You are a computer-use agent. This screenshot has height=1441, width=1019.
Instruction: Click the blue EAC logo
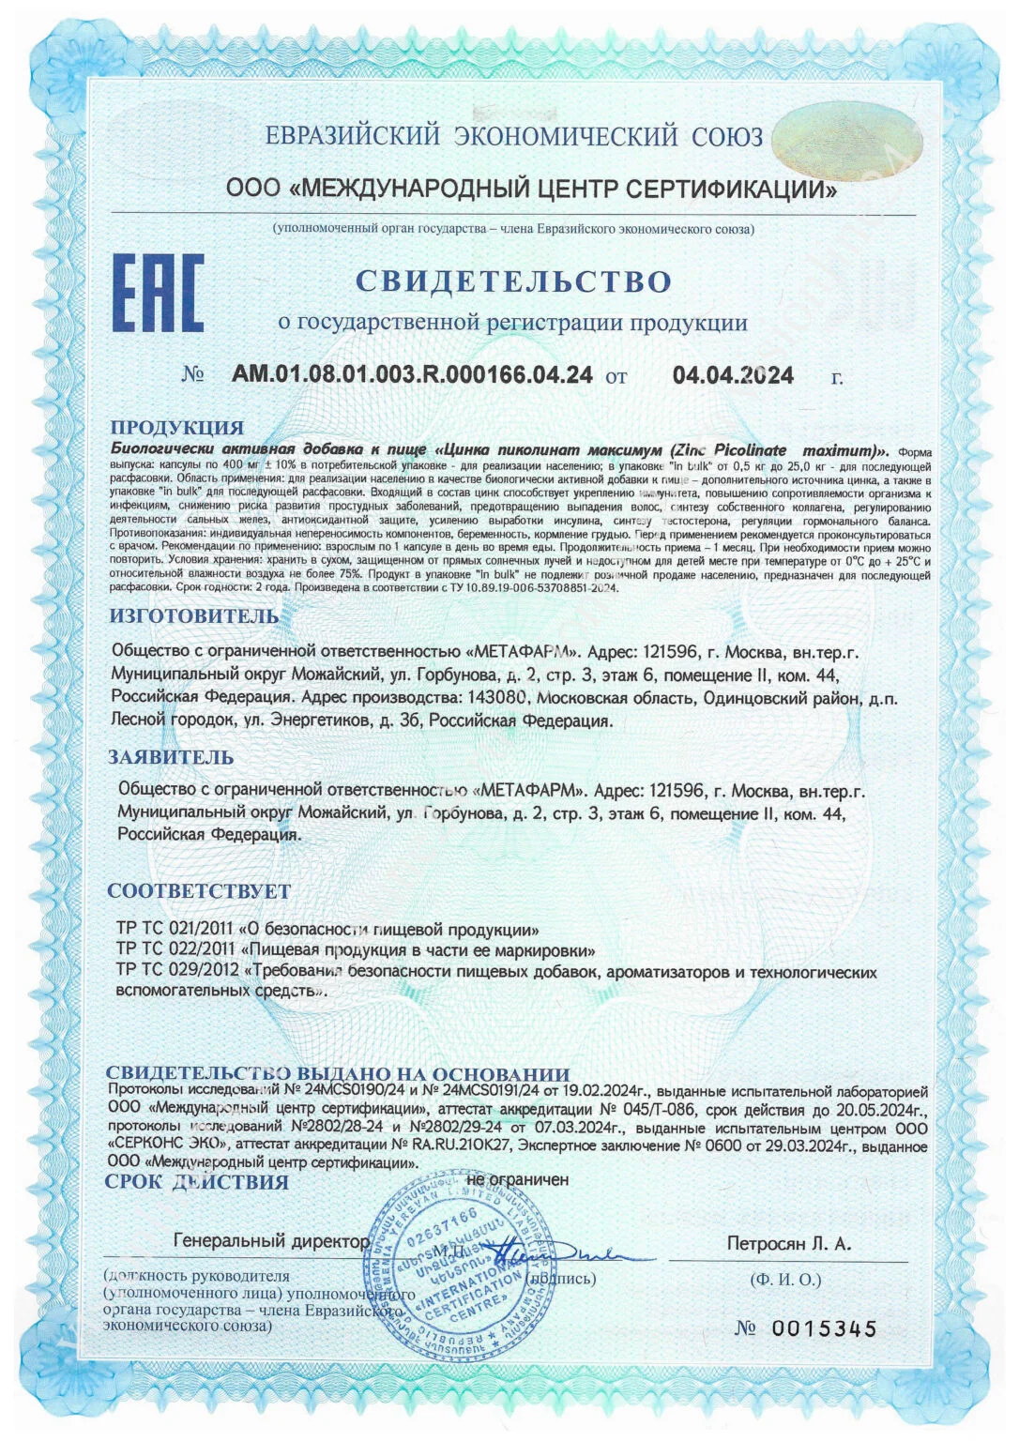click(158, 292)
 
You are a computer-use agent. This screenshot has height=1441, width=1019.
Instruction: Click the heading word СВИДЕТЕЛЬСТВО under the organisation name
click(513, 281)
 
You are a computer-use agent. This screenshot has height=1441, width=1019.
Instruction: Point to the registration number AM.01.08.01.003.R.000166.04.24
click(412, 375)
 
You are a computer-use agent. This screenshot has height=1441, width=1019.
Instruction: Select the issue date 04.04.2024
click(733, 375)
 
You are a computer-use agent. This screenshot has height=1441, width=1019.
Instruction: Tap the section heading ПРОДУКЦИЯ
click(177, 428)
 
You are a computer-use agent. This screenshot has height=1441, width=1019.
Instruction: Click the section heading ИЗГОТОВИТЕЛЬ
click(194, 616)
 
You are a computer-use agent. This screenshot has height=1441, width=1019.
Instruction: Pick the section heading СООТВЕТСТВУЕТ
click(199, 890)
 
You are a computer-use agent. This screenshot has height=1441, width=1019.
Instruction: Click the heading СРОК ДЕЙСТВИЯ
click(197, 1182)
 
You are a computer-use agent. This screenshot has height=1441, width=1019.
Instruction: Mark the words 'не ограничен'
click(517, 1179)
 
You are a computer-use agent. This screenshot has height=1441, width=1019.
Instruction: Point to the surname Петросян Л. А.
click(788, 1243)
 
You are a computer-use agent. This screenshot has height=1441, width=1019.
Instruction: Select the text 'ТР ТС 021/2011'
click(175, 930)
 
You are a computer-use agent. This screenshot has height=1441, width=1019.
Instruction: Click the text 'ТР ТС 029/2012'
click(175, 971)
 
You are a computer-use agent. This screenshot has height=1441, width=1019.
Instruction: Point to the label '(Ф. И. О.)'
click(785, 1279)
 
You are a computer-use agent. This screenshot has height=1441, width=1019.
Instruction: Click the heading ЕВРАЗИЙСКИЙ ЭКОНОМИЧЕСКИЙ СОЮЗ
click(514, 137)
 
